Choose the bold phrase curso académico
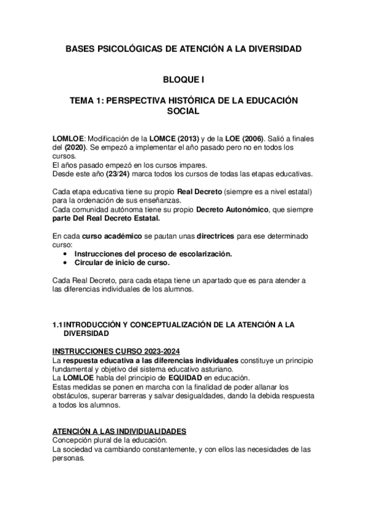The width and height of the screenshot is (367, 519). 107,236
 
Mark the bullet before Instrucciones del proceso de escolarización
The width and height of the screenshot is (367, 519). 66,253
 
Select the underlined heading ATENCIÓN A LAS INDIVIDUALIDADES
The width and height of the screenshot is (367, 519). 119,431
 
